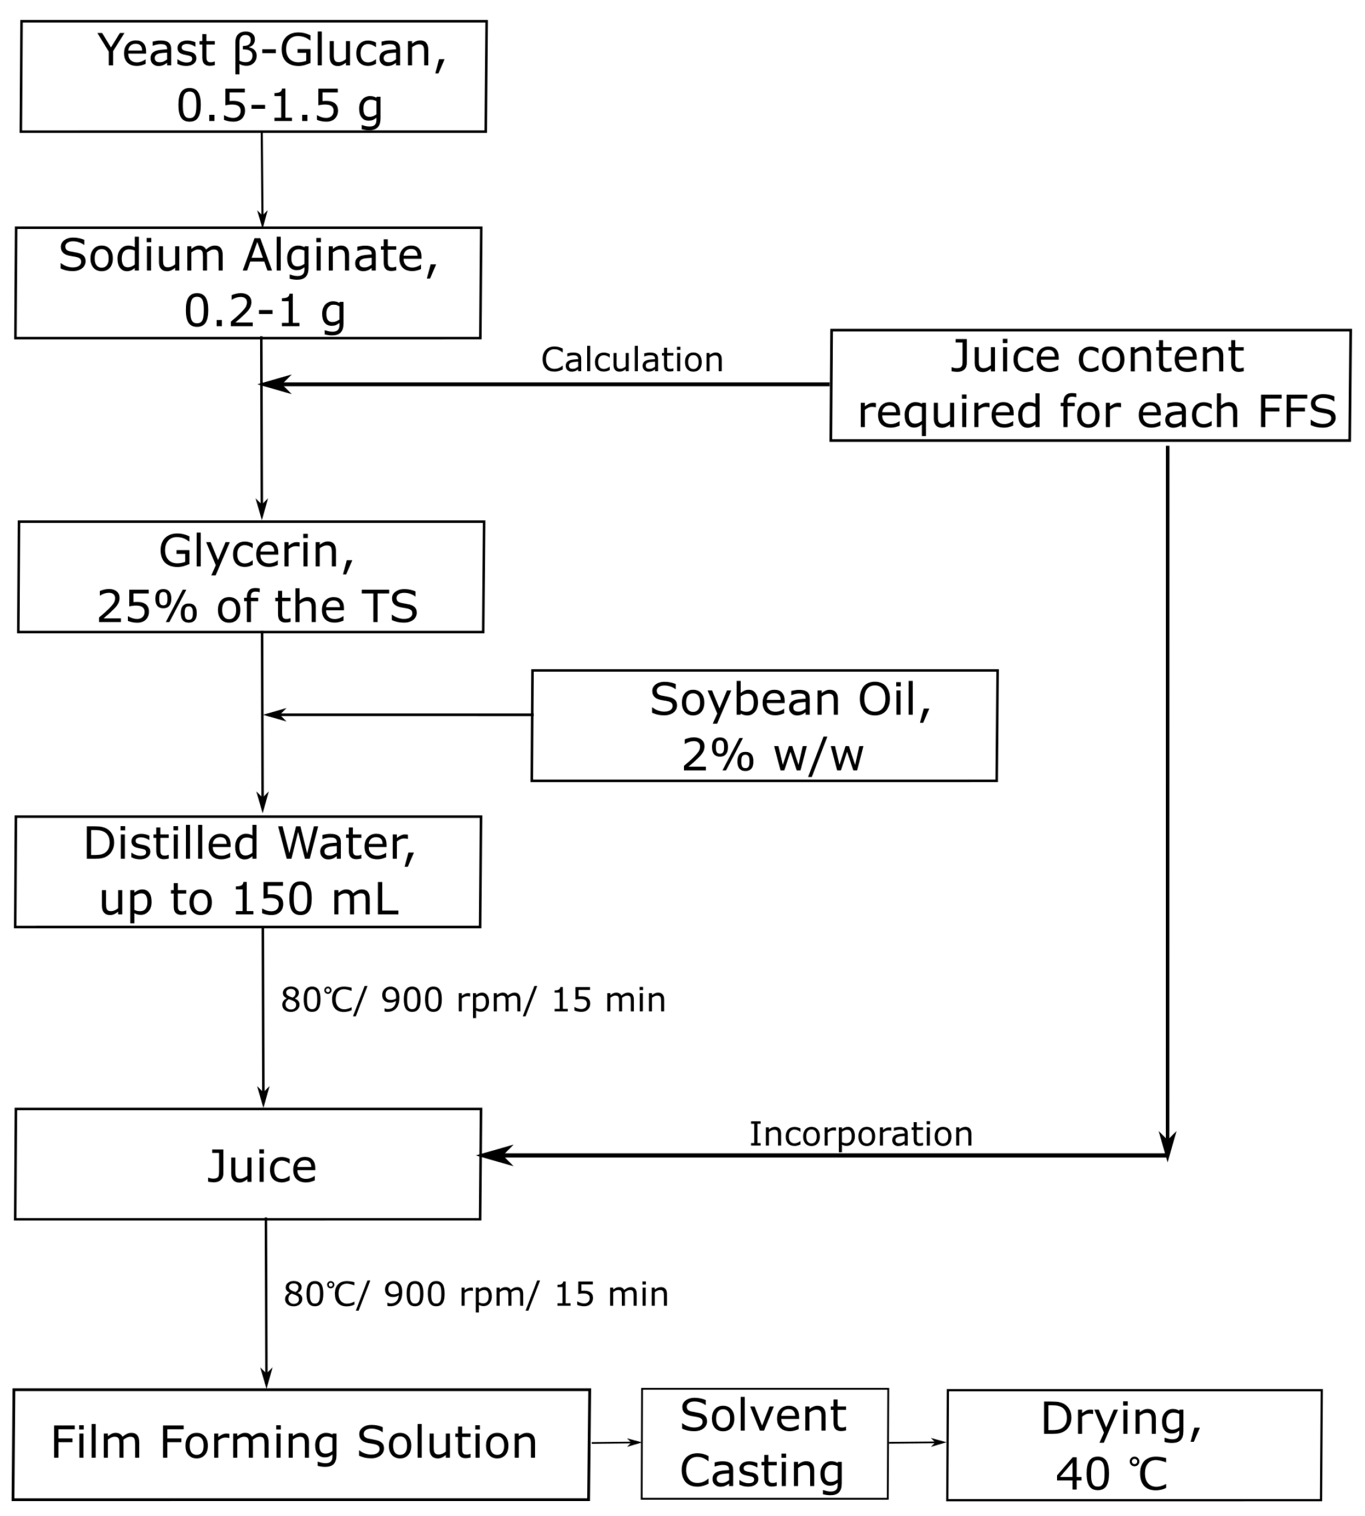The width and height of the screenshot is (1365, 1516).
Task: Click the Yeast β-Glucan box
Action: pos(253,77)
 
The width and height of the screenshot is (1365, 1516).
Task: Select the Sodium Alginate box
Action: pos(248,283)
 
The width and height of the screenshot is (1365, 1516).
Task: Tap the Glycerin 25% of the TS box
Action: pos(251,576)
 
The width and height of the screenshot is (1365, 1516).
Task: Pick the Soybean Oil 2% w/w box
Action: pos(764,725)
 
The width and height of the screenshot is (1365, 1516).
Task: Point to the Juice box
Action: pos(248,1164)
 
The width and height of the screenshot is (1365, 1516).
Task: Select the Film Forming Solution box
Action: pos(301,1444)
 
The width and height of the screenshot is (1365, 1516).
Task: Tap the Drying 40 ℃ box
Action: pos(1133,1445)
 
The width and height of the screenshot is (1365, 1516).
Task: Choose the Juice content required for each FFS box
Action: pos(1090,384)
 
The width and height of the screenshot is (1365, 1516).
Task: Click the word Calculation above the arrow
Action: pos(631,360)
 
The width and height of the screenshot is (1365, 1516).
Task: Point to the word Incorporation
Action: pos(860,1133)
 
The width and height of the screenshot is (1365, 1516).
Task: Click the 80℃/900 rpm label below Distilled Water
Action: pos(472,1000)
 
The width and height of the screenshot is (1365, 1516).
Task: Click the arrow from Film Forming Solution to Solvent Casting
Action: pos(615,1442)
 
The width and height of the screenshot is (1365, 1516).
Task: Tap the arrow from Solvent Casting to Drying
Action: pos(917,1442)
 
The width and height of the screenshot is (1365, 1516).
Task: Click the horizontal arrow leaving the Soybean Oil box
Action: pos(398,714)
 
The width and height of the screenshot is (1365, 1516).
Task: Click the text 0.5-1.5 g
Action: pos(279,105)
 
